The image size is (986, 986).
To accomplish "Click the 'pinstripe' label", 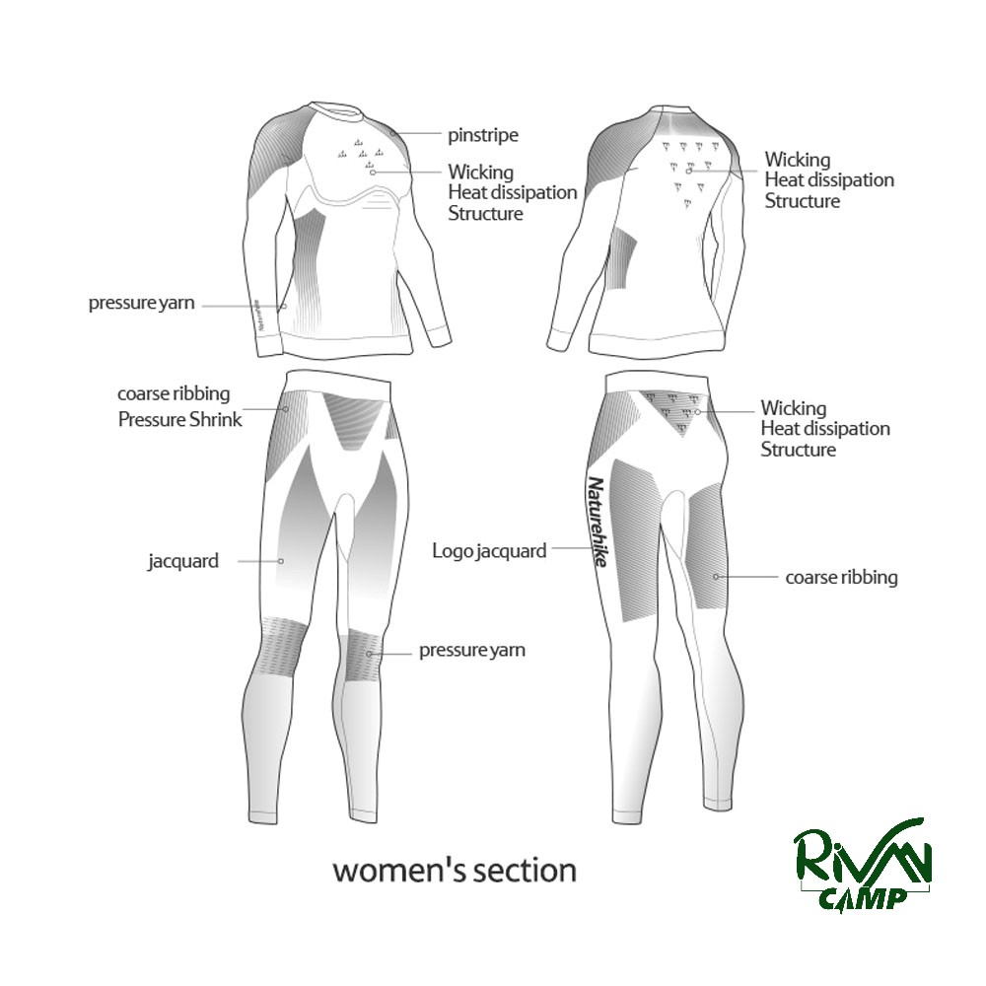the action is [x=483, y=135].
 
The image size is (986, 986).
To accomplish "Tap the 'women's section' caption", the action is [x=454, y=871].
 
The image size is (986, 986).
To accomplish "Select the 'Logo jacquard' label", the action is [x=489, y=551].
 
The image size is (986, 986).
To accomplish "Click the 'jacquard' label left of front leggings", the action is [x=183, y=561].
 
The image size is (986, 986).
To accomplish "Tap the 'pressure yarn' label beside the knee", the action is [x=472, y=650].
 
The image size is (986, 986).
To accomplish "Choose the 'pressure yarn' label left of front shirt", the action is [x=141, y=303].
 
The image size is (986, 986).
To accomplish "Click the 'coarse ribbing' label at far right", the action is [x=841, y=577].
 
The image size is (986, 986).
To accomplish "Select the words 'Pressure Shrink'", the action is [x=179, y=419].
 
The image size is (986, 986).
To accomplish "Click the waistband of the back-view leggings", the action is [x=658, y=383].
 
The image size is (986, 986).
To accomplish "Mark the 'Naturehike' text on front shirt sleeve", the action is [x=259, y=315].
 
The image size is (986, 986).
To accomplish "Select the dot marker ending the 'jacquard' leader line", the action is [x=281, y=561].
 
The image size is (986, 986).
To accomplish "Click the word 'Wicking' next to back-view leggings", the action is [x=794, y=408].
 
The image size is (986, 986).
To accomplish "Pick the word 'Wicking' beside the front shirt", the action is [x=481, y=173].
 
